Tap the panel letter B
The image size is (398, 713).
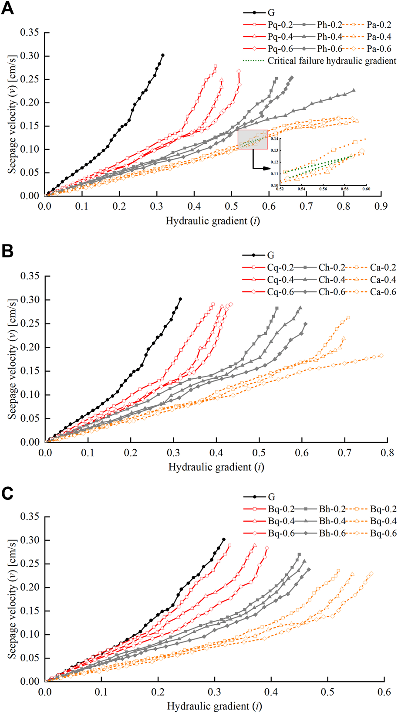(x=7, y=251)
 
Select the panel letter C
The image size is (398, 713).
(x=7, y=493)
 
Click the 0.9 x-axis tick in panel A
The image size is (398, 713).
(x=381, y=206)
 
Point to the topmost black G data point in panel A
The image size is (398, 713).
(x=163, y=55)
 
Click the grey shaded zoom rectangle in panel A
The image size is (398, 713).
(x=253, y=139)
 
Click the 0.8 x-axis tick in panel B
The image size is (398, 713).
(x=388, y=452)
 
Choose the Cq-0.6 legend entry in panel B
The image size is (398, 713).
(x=280, y=292)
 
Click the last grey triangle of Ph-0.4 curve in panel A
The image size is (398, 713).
(x=354, y=90)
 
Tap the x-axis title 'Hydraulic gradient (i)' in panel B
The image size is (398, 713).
(x=216, y=467)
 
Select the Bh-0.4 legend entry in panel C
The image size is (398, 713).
(x=332, y=521)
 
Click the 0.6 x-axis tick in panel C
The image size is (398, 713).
(x=384, y=691)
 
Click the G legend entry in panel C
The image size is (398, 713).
(x=271, y=497)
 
